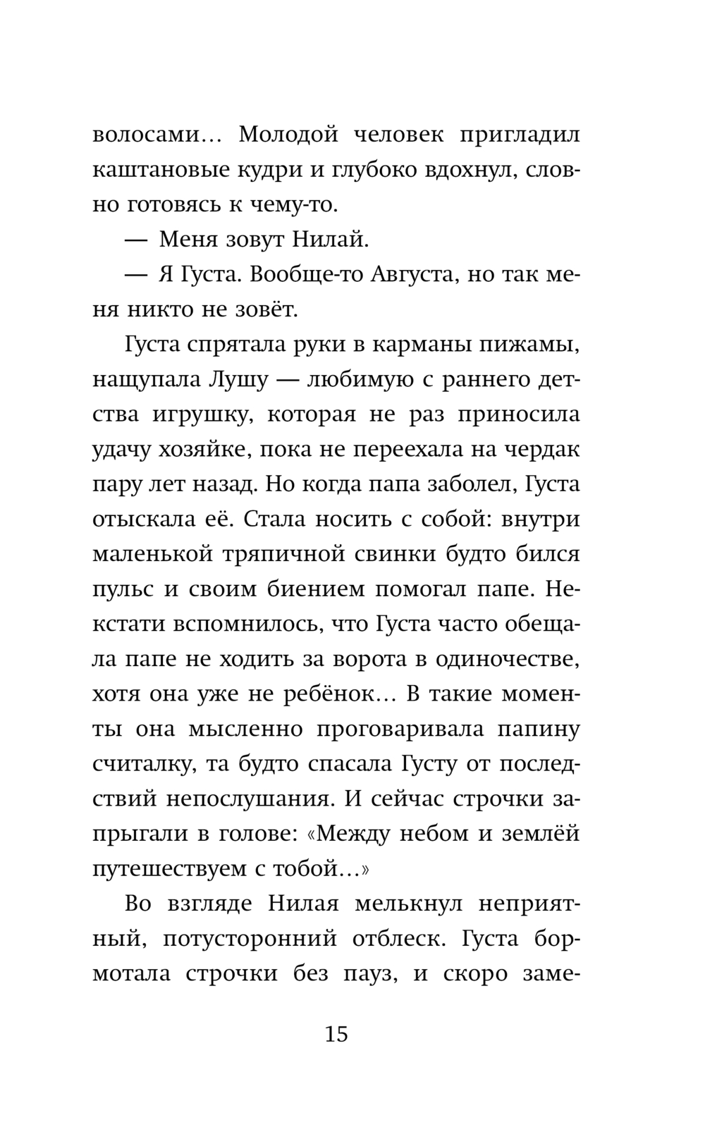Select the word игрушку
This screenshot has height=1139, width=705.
point(195,414)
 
